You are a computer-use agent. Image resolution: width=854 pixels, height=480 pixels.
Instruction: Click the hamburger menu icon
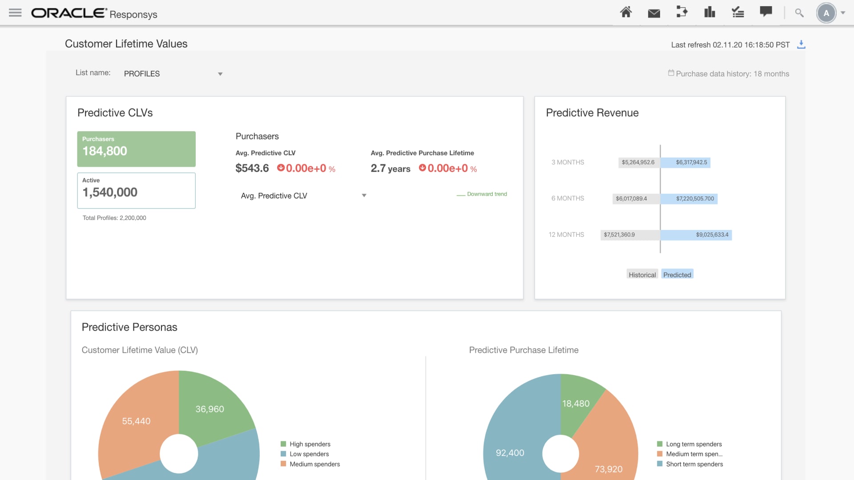click(15, 13)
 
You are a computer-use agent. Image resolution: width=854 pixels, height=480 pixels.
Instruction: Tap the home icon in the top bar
click(626, 12)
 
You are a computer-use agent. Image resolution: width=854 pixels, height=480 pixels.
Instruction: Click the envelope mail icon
click(654, 13)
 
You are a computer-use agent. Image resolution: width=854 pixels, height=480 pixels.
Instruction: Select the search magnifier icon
click(799, 13)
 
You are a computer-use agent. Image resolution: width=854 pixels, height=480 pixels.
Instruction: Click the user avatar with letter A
click(826, 13)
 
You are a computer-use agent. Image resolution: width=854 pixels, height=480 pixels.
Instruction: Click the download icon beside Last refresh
click(801, 44)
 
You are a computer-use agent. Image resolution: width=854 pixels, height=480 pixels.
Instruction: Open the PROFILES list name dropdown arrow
click(220, 74)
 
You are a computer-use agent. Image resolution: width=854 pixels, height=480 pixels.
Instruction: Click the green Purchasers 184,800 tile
click(136, 149)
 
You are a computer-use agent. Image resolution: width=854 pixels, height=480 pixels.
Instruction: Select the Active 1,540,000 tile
click(136, 190)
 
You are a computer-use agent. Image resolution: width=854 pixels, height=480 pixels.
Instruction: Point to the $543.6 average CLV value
click(252, 168)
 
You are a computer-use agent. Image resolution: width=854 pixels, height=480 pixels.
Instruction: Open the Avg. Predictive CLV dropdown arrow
click(364, 196)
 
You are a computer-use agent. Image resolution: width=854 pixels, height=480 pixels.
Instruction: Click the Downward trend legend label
click(487, 194)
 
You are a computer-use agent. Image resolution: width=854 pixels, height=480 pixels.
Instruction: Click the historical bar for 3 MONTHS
click(639, 163)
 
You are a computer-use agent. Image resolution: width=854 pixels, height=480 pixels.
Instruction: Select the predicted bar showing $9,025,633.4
click(696, 235)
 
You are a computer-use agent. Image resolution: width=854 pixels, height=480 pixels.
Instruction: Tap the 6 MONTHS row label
click(568, 199)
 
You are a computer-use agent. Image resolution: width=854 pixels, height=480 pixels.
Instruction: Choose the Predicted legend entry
click(677, 275)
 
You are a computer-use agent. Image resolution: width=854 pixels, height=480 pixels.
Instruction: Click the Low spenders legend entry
click(309, 454)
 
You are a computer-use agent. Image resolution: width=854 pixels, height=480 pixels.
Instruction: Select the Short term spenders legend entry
click(694, 464)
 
